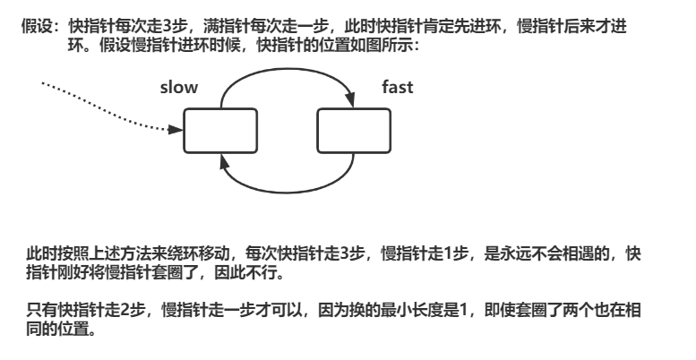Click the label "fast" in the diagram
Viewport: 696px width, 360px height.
pos(398,88)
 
